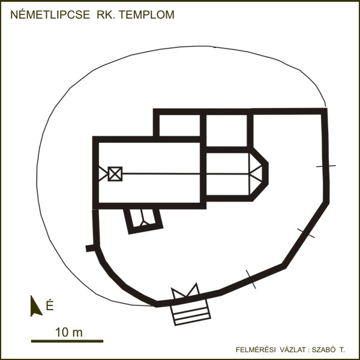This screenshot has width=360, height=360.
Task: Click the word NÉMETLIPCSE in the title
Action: [50, 14]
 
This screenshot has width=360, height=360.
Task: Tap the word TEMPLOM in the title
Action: [146, 14]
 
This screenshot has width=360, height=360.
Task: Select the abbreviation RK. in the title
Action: [106, 14]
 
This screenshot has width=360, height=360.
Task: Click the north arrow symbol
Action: [36, 306]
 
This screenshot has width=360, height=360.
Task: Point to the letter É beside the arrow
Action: [50, 305]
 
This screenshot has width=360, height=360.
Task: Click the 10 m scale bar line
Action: [67, 341]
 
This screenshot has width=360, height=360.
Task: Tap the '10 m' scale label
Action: [69, 332]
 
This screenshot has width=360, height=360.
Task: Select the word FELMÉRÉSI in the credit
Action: [256, 350]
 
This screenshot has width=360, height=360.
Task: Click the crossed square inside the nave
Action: [115, 174]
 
